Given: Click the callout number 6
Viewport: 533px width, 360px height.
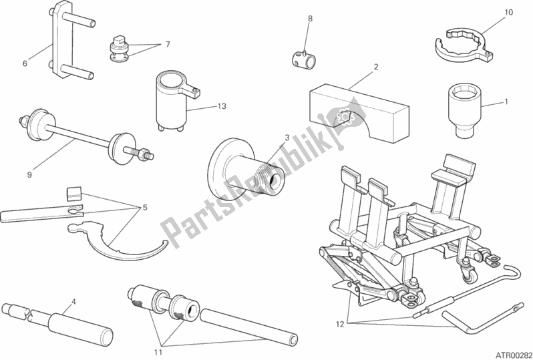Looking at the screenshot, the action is pos(25,63).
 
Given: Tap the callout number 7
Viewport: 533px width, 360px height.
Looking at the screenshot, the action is pos(167,44).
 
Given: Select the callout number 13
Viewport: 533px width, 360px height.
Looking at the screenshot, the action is pos(222,106).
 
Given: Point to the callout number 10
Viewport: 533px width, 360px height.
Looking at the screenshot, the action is pos(508,13).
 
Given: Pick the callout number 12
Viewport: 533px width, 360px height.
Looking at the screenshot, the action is pos(341,324).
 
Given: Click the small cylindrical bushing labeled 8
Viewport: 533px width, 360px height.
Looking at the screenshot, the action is pos(303,58).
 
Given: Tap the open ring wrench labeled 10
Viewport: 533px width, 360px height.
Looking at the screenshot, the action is pos(464,47).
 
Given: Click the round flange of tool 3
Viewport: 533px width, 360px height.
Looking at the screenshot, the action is pos(222,166).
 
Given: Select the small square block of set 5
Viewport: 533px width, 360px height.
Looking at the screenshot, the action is pos(73,193).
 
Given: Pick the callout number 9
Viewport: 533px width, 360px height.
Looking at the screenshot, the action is pos(29,175).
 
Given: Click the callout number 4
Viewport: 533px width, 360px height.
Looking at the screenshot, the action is pos(73,301).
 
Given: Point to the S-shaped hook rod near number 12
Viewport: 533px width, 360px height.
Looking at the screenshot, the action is pos(467,293).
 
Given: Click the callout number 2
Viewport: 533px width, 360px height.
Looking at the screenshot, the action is pos(376,67).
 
